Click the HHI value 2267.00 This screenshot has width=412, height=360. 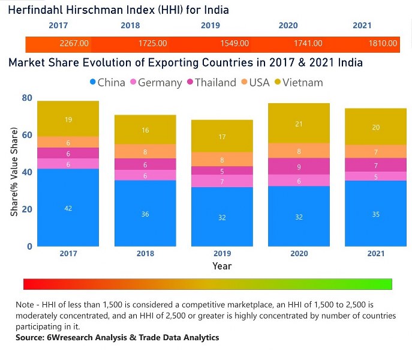point(74,44)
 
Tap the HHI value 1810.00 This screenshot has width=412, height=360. point(383,44)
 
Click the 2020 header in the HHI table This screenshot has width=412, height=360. point(288,26)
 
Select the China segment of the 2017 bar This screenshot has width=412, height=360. point(68,208)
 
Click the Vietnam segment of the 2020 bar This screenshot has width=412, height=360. point(299,124)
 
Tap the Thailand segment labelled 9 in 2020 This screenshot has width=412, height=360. point(299,166)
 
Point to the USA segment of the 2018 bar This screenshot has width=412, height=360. point(145,152)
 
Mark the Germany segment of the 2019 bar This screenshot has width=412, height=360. point(222,181)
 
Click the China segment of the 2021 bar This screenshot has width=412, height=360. point(376,214)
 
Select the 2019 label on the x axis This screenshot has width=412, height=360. point(222,254)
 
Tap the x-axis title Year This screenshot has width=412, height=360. point(222,266)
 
